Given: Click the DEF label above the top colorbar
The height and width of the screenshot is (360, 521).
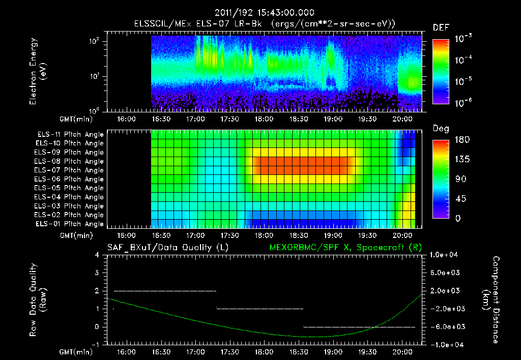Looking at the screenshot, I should (x=440, y=28).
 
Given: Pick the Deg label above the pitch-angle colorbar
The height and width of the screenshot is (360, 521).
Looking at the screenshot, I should (x=441, y=129).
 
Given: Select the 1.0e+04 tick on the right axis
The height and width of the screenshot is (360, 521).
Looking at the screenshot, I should (x=445, y=255).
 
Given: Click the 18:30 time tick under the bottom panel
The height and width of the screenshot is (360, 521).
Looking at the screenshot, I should (x=299, y=352).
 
